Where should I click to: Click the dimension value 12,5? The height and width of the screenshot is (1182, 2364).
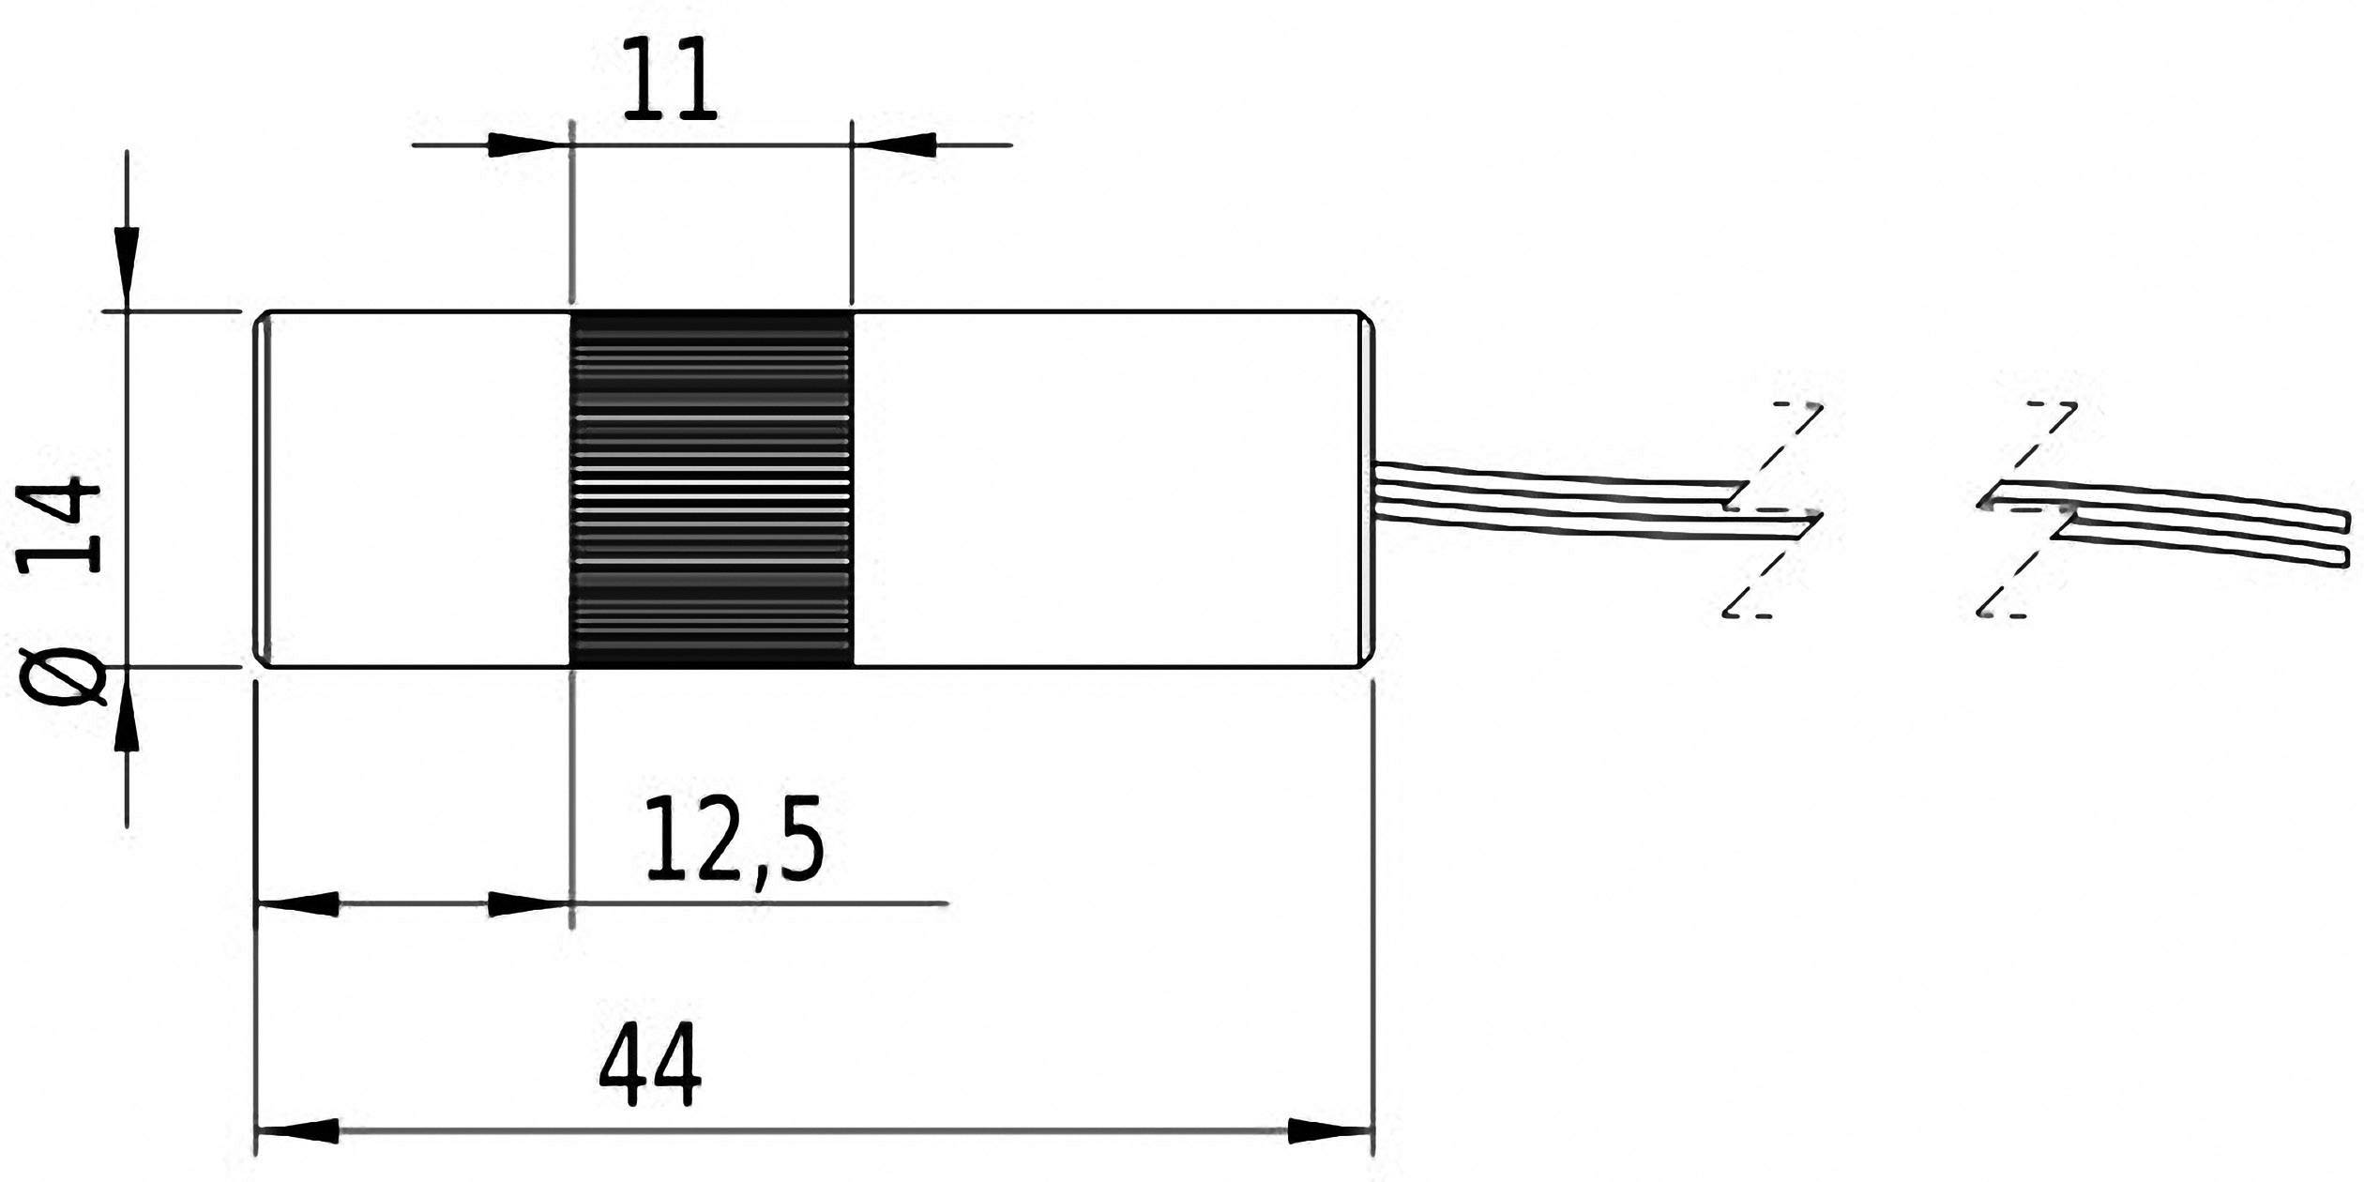tap(735, 840)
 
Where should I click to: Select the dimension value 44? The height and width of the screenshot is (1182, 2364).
tap(650, 1067)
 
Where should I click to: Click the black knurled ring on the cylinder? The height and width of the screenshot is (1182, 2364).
tap(712, 489)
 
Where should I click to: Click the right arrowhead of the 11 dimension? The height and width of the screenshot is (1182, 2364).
tap(896, 144)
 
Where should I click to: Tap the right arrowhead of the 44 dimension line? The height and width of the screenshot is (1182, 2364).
tap(1330, 1130)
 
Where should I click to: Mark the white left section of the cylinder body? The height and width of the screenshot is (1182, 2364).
tap(417, 489)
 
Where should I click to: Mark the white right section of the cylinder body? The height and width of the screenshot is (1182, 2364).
tap(1107, 489)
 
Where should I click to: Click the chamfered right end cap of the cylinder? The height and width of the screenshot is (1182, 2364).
tap(1368, 489)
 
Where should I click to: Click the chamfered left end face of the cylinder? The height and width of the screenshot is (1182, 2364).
tap(264, 489)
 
